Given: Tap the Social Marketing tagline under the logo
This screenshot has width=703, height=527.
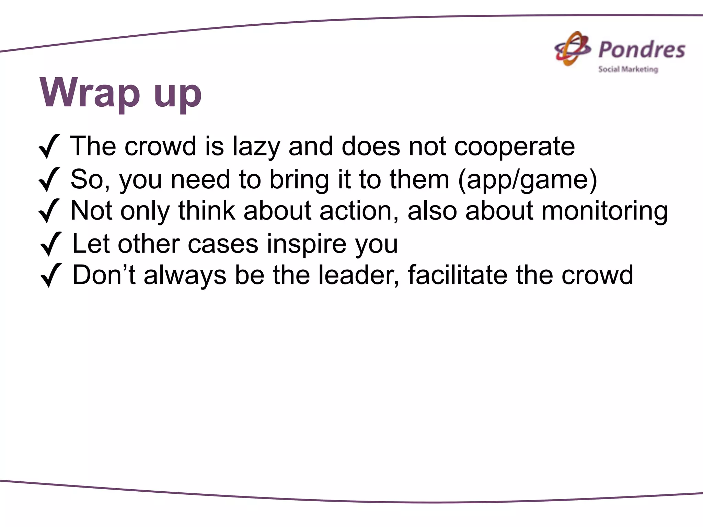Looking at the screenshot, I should [x=628, y=69].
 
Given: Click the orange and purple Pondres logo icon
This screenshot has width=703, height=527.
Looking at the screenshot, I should [x=573, y=49].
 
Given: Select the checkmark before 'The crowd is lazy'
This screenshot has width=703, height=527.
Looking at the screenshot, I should [x=49, y=147].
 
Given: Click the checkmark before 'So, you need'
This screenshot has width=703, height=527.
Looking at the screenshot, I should [x=49, y=179].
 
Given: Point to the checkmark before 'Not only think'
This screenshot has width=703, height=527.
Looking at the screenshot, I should [x=49, y=211].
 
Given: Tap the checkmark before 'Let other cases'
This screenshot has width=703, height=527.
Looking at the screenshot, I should [x=51, y=244].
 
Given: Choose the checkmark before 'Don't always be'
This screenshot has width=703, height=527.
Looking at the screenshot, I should [x=51, y=275].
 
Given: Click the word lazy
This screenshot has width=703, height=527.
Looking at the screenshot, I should [x=256, y=147].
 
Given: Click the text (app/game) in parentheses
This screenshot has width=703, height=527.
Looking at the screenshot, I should [x=528, y=180].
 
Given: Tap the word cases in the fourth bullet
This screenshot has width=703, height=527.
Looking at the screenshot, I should [x=223, y=244].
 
